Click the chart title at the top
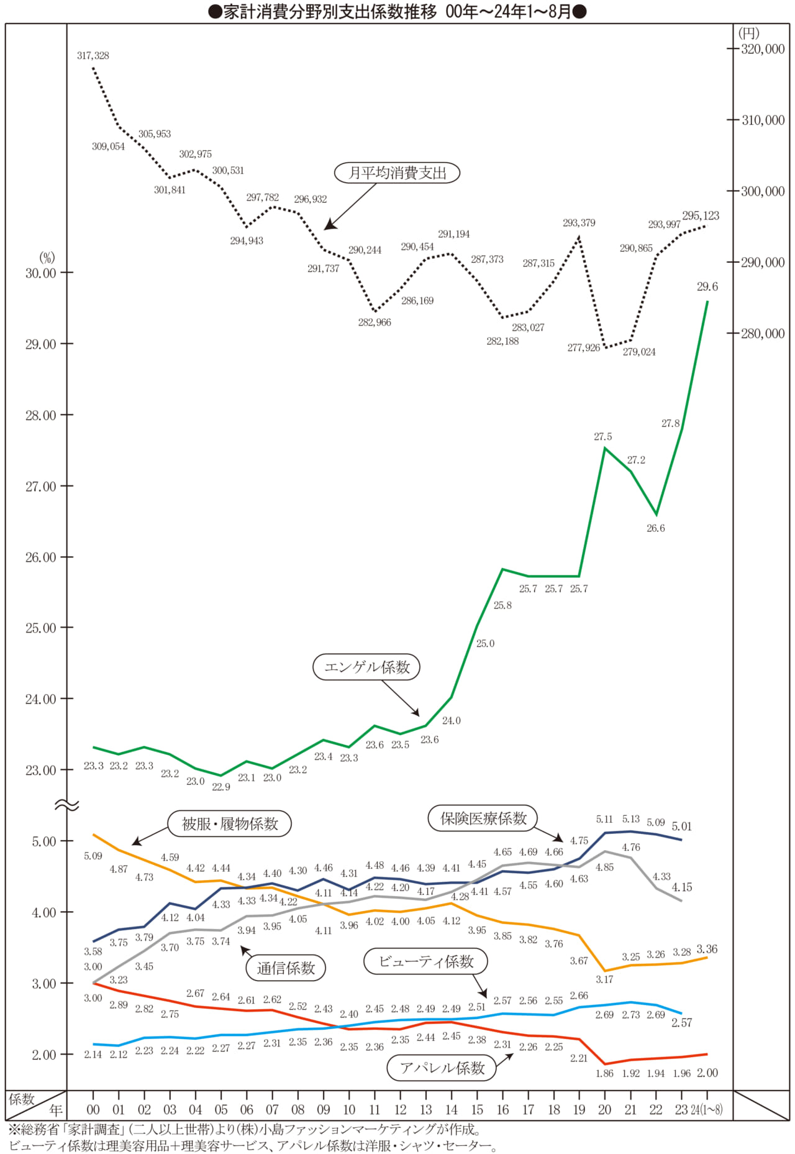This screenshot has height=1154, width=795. pyautogui.click(x=397, y=12)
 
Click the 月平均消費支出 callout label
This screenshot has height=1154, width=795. pyautogui.click(x=397, y=173)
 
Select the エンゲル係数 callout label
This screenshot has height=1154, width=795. pyautogui.click(x=367, y=667)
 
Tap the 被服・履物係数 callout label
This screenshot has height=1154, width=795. pyautogui.click(x=230, y=824)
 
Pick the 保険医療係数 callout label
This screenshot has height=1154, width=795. pyautogui.click(x=483, y=818)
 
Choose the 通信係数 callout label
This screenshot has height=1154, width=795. pyautogui.click(x=286, y=968)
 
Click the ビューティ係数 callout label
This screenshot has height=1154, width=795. pyautogui.click(x=426, y=961)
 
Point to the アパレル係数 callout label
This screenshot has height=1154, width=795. pyautogui.click(x=442, y=1068)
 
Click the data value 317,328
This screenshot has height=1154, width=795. pyautogui.click(x=93, y=56)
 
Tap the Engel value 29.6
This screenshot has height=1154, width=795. pyautogui.click(x=707, y=286)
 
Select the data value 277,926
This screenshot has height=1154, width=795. pyautogui.click(x=584, y=348)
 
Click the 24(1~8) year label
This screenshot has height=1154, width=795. pyautogui.click(x=707, y=1110)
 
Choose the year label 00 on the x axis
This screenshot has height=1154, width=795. pyautogui.click(x=93, y=1110)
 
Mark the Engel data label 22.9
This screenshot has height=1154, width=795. pyautogui.click(x=221, y=787)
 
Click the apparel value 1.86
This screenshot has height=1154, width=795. pyautogui.click(x=604, y=1073)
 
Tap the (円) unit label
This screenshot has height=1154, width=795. pyautogui.click(x=748, y=33)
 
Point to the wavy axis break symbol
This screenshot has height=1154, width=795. pyautogui.click(x=67, y=805)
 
